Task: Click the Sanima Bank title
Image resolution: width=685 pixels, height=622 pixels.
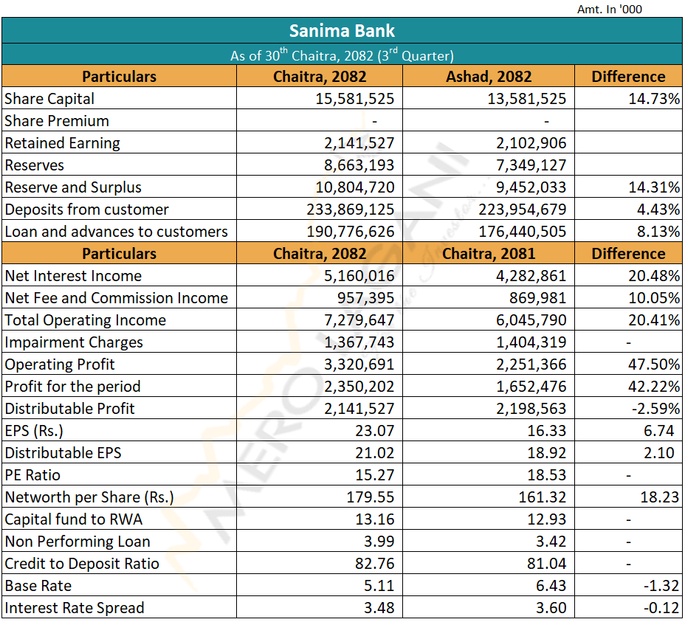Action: click(342, 31)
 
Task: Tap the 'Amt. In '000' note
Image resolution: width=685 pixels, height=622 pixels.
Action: click(610, 10)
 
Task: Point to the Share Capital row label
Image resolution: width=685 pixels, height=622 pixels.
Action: click(49, 99)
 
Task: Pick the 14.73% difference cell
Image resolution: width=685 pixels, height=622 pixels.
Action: click(654, 99)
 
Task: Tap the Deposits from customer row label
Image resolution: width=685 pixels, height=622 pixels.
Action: click(86, 210)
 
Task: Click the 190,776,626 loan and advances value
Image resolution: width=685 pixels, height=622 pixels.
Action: click(351, 232)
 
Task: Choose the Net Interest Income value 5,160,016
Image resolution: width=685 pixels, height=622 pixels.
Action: click(360, 276)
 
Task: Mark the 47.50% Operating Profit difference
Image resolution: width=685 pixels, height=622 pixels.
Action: click(654, 364)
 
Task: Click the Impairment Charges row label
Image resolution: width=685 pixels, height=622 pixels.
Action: click(74, 342)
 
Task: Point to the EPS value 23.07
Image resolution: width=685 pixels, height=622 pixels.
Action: click(375, 431)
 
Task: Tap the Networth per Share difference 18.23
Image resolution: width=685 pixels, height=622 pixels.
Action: click(659, 497)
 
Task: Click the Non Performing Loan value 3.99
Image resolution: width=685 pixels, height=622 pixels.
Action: click(380, 542)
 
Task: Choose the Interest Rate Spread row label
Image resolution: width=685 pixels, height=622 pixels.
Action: click(75, 608)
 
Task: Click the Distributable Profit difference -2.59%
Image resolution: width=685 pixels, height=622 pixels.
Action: click(654, 409)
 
